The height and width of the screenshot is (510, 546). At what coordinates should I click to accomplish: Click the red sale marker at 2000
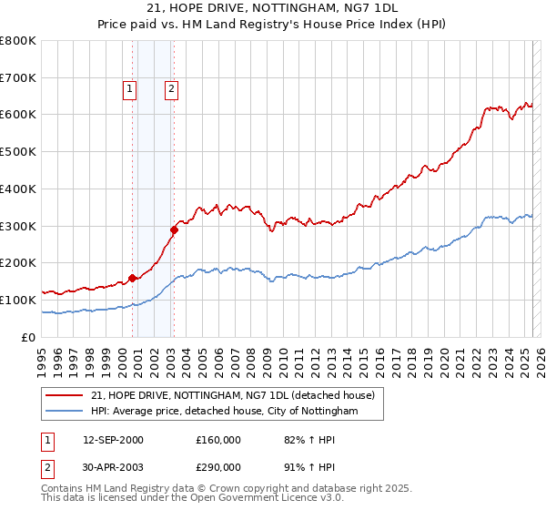pyautogui.click(x=132, y=278)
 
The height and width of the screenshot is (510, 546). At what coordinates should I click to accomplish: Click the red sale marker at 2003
pyautogui.click(x=174, y=229)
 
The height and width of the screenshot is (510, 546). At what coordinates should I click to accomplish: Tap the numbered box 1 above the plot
pyautogui.click(x=130, y=89)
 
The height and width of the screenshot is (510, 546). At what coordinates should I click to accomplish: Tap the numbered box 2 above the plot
pyautogui.click(x=171, y=89)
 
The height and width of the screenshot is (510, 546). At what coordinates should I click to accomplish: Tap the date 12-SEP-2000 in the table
pyautogui.click(x=113, y=440)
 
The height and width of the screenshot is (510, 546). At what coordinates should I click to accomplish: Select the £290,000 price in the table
pyautogui.click(x=218, y=467)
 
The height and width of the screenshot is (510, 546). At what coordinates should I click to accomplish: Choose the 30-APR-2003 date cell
pyautogui.click(x=113, y=467)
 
